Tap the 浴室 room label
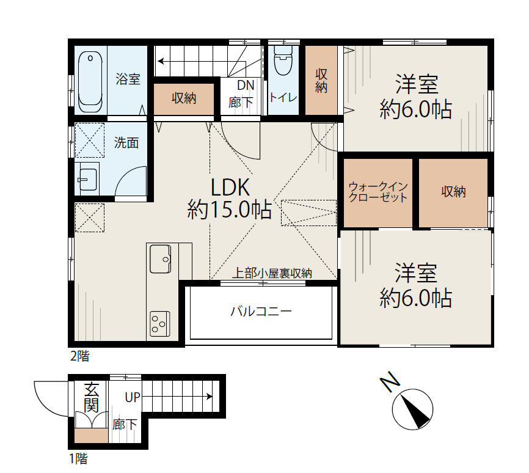point(128,79)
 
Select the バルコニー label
point(261,312)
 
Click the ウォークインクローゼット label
point(378,192)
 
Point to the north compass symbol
point(412,409)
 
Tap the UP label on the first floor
point(133,397)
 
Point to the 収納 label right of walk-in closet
point(453,192)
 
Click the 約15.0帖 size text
point(229,211)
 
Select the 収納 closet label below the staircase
point(183,98)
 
